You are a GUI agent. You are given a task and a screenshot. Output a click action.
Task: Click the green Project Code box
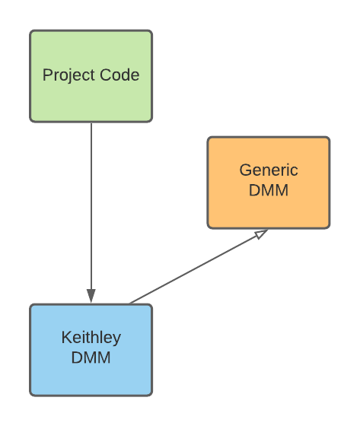pyautogui.click(x=91, y=76)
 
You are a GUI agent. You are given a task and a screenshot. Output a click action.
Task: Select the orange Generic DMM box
pyautogui.click(x=269, y=183)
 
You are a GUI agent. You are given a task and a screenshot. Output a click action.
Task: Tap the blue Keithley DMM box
pyautogui.click(x=91, y=350)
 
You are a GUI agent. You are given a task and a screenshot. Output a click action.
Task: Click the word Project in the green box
pyautogui.click(x=68, y=75)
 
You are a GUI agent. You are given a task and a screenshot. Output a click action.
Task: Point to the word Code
pyautogui.click(x=119, y=75)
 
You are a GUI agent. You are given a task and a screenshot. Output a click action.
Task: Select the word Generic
pyautogui.click(x=269, y=170)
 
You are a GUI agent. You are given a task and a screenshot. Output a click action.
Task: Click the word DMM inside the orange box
pyautogui.click(x=269, y=190)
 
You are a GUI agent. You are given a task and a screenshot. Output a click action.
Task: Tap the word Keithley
pyautogui.click(x=91, y=338)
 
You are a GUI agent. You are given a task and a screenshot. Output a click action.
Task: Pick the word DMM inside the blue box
pyautogui.click(x=91, y=358)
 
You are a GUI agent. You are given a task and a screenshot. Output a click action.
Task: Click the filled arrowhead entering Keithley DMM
pyautogui.click(x=91, y=296)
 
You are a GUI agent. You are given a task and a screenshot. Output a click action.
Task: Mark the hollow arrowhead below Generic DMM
pyautogui.click(x=261, y=234)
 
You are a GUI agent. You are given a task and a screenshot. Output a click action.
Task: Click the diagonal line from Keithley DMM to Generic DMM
pyautogui.click(x=199, y=266)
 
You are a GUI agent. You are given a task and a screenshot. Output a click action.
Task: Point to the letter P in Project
pyautogui.click(x=47, y=75)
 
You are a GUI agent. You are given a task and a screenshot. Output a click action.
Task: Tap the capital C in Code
pyautogui.click(x=106, y=75)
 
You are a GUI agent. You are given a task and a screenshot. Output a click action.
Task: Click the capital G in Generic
pyautogui.click(x=246, y=170)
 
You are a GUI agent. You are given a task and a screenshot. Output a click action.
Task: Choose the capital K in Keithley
pyautogui.click(x=67, y=337)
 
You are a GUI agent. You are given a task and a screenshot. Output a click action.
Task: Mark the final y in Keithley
pyautogui.click(x=116, y=340)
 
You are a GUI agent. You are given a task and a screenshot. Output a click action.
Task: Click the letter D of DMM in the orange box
pyautogui.click(x=254, y=190)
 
